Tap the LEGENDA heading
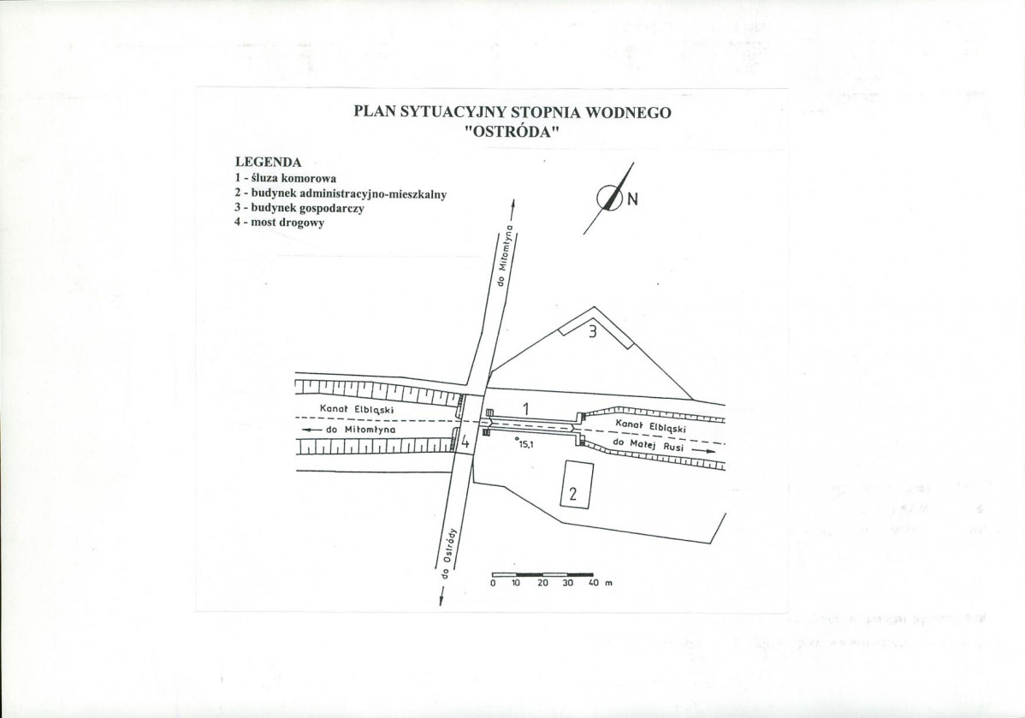(x=268, y=163)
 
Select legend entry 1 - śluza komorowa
(x=286, y=178)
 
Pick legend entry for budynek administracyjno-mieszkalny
(x=341, y=193)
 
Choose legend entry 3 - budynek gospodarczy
(x=299, y=208)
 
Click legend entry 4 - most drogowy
(x=279, y=223)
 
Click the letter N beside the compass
(x=632, y=199)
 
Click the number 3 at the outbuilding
(x=593, y=332)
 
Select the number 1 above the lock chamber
(x=525, y=409)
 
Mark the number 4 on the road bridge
(x=465, y=442)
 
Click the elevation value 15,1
(x=526, y=445)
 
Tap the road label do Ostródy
(x=447, y=553)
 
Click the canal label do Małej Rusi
(x=648, y=445)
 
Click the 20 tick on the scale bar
(x=542, y=583)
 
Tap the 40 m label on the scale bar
(x=600, y=583)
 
